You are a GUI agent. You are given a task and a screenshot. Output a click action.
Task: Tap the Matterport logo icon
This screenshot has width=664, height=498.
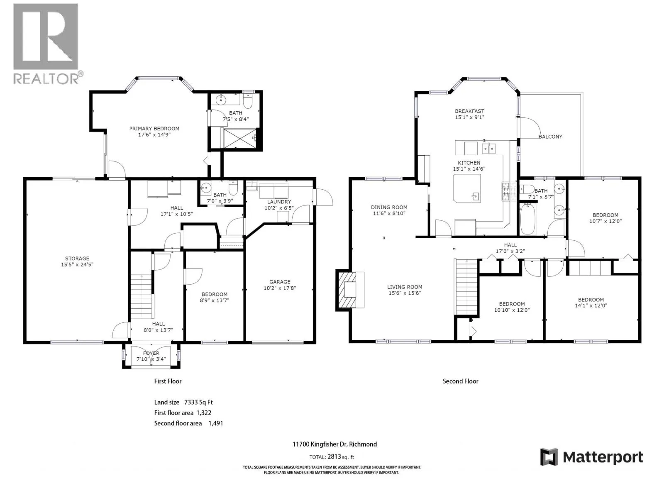click(549, 456)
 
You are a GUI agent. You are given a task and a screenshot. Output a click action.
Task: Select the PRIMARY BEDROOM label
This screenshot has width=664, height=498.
click(154, 129)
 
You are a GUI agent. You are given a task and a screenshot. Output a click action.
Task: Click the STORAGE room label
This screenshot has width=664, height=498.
click(77, 259)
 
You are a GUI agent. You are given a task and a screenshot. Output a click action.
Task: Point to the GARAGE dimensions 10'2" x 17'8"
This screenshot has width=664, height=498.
click(280, 288)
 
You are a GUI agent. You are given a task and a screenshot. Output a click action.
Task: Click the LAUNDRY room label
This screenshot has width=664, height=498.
click(279, 202)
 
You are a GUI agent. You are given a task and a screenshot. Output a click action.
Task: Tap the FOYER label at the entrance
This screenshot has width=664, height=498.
click(151, 353)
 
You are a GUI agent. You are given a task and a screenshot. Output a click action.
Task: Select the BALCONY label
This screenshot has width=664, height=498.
click(550, 137)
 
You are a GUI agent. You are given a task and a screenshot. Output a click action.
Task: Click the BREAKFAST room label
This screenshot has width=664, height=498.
click(469, 111)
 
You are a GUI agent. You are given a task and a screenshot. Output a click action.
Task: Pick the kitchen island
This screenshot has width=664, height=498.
click(467, 188)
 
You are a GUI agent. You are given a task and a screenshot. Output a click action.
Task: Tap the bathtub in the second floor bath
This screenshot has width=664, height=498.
click(528, 219)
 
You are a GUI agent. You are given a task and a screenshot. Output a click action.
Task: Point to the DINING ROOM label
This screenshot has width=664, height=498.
click(389, 207)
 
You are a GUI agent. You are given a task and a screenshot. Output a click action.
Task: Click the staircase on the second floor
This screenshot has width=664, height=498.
click(466, 287)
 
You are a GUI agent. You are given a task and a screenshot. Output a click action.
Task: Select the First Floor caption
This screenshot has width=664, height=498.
click(168, 381)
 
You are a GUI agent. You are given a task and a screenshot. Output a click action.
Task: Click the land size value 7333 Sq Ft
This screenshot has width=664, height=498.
click(198, 403)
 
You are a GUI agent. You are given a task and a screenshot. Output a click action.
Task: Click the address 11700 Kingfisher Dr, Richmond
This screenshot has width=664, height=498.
click(334, 444)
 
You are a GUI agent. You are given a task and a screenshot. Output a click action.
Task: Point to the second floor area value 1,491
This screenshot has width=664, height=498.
click(216, 424)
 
